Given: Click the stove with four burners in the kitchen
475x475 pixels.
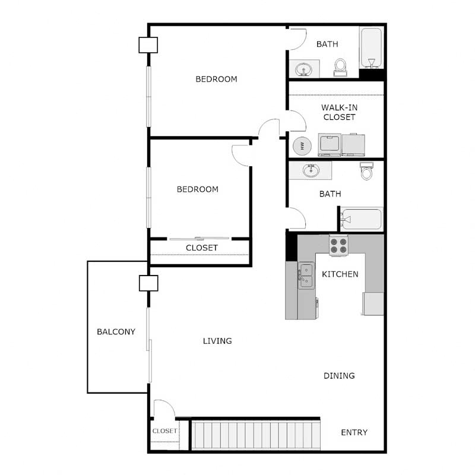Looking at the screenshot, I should pos(338,245).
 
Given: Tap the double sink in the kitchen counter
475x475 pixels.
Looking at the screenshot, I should pos(306,275).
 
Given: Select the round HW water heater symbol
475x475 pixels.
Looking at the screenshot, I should pos(301,145).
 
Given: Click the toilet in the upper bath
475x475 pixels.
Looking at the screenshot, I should pos(341,66).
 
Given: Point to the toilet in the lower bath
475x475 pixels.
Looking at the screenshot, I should pos(367,172).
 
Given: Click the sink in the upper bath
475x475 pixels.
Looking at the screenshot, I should pos(305,69).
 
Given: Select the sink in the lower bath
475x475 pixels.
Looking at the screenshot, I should pos(311,170).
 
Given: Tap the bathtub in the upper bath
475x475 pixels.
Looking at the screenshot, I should pos(371,49).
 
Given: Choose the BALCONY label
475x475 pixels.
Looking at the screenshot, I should pos(116,332).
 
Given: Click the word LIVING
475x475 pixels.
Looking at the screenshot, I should pos(217,341).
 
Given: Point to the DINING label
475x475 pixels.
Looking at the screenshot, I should pos(339,375).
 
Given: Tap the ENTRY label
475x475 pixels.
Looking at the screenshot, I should pos(354,432).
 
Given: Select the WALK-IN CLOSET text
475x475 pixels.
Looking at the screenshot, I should pos(339,112).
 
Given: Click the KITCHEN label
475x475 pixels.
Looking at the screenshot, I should pos(340,274).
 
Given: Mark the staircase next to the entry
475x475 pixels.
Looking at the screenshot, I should pos(255,436).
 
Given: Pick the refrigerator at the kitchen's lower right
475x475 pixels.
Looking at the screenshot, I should pos(373,303).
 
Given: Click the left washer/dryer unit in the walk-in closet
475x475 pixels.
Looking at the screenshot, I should pos(329,145).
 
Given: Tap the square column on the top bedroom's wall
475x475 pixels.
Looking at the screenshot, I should pos(148,45).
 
